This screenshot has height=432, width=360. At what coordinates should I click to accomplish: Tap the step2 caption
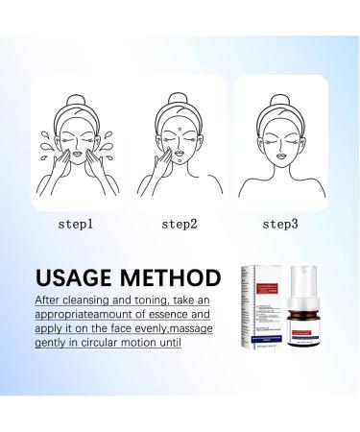[x=180, y=225]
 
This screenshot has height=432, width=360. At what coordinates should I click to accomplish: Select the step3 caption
[x=279, y=225]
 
